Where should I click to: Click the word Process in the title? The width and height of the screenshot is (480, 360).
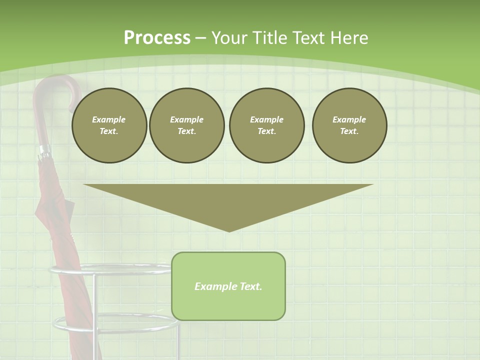(157, 38)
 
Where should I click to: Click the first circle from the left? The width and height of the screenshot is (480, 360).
(109, 125)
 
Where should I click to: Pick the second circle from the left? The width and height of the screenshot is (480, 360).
(186, 125)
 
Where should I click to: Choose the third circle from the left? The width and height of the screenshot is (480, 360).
(266, 125)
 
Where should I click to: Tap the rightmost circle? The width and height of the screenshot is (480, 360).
(349, 125)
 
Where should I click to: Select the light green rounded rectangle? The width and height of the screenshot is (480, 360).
(228, 300)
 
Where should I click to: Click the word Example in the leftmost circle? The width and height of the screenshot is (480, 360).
(109, 119)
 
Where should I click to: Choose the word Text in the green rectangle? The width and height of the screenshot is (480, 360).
(250, 286)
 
